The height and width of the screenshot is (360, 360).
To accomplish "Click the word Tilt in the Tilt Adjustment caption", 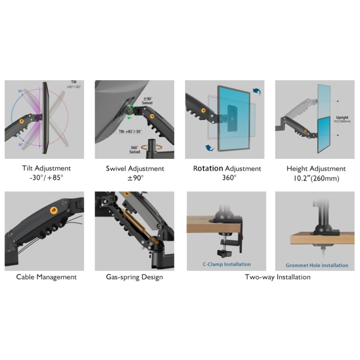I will [30, 168].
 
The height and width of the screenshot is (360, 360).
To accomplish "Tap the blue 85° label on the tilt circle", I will [20, 91].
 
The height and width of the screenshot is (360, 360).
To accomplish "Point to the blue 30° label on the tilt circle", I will [21, 145].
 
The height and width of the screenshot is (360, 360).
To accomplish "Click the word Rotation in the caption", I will [208, 168].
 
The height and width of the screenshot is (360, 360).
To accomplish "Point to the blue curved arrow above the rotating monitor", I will [257, 92].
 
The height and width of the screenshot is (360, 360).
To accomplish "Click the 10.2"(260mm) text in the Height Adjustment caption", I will [315, 178].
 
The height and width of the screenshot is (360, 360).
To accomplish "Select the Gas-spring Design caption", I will [135, 277].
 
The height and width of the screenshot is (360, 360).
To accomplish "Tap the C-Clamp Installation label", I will [226, 265].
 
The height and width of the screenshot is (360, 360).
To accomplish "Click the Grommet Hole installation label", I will [316, 265].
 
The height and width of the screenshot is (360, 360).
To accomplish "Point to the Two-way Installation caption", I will [277, 277].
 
